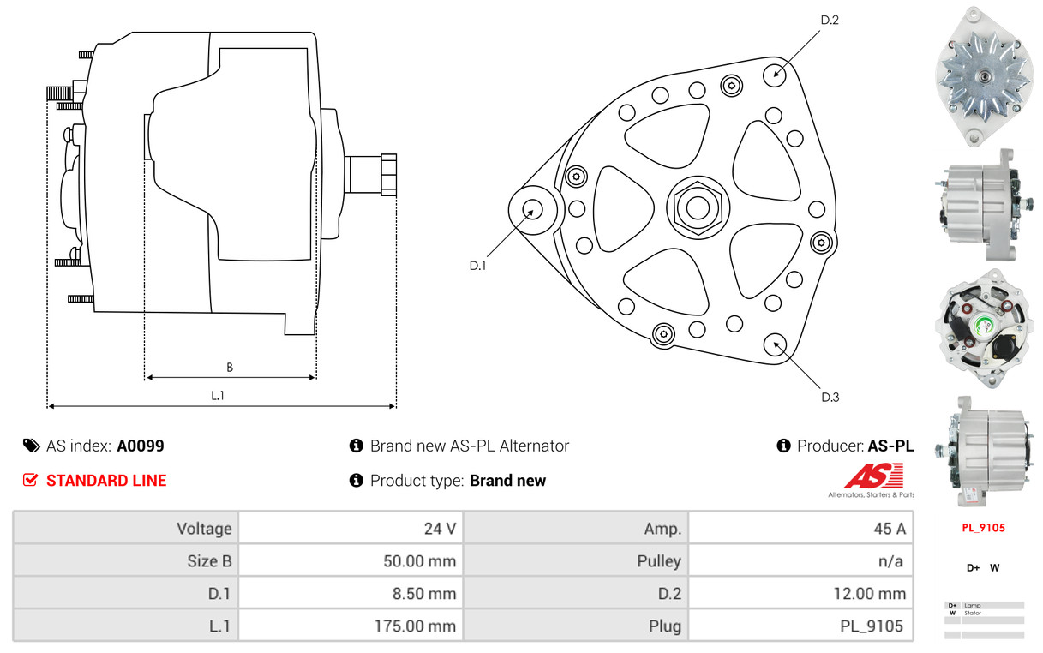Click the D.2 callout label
830,20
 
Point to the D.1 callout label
477,266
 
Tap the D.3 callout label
830,397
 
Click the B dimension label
230,368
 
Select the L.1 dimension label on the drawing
218,395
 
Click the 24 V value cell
351,528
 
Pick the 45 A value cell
800,528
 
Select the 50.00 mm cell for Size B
351,560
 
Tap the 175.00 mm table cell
351,626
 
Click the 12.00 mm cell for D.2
800,593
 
